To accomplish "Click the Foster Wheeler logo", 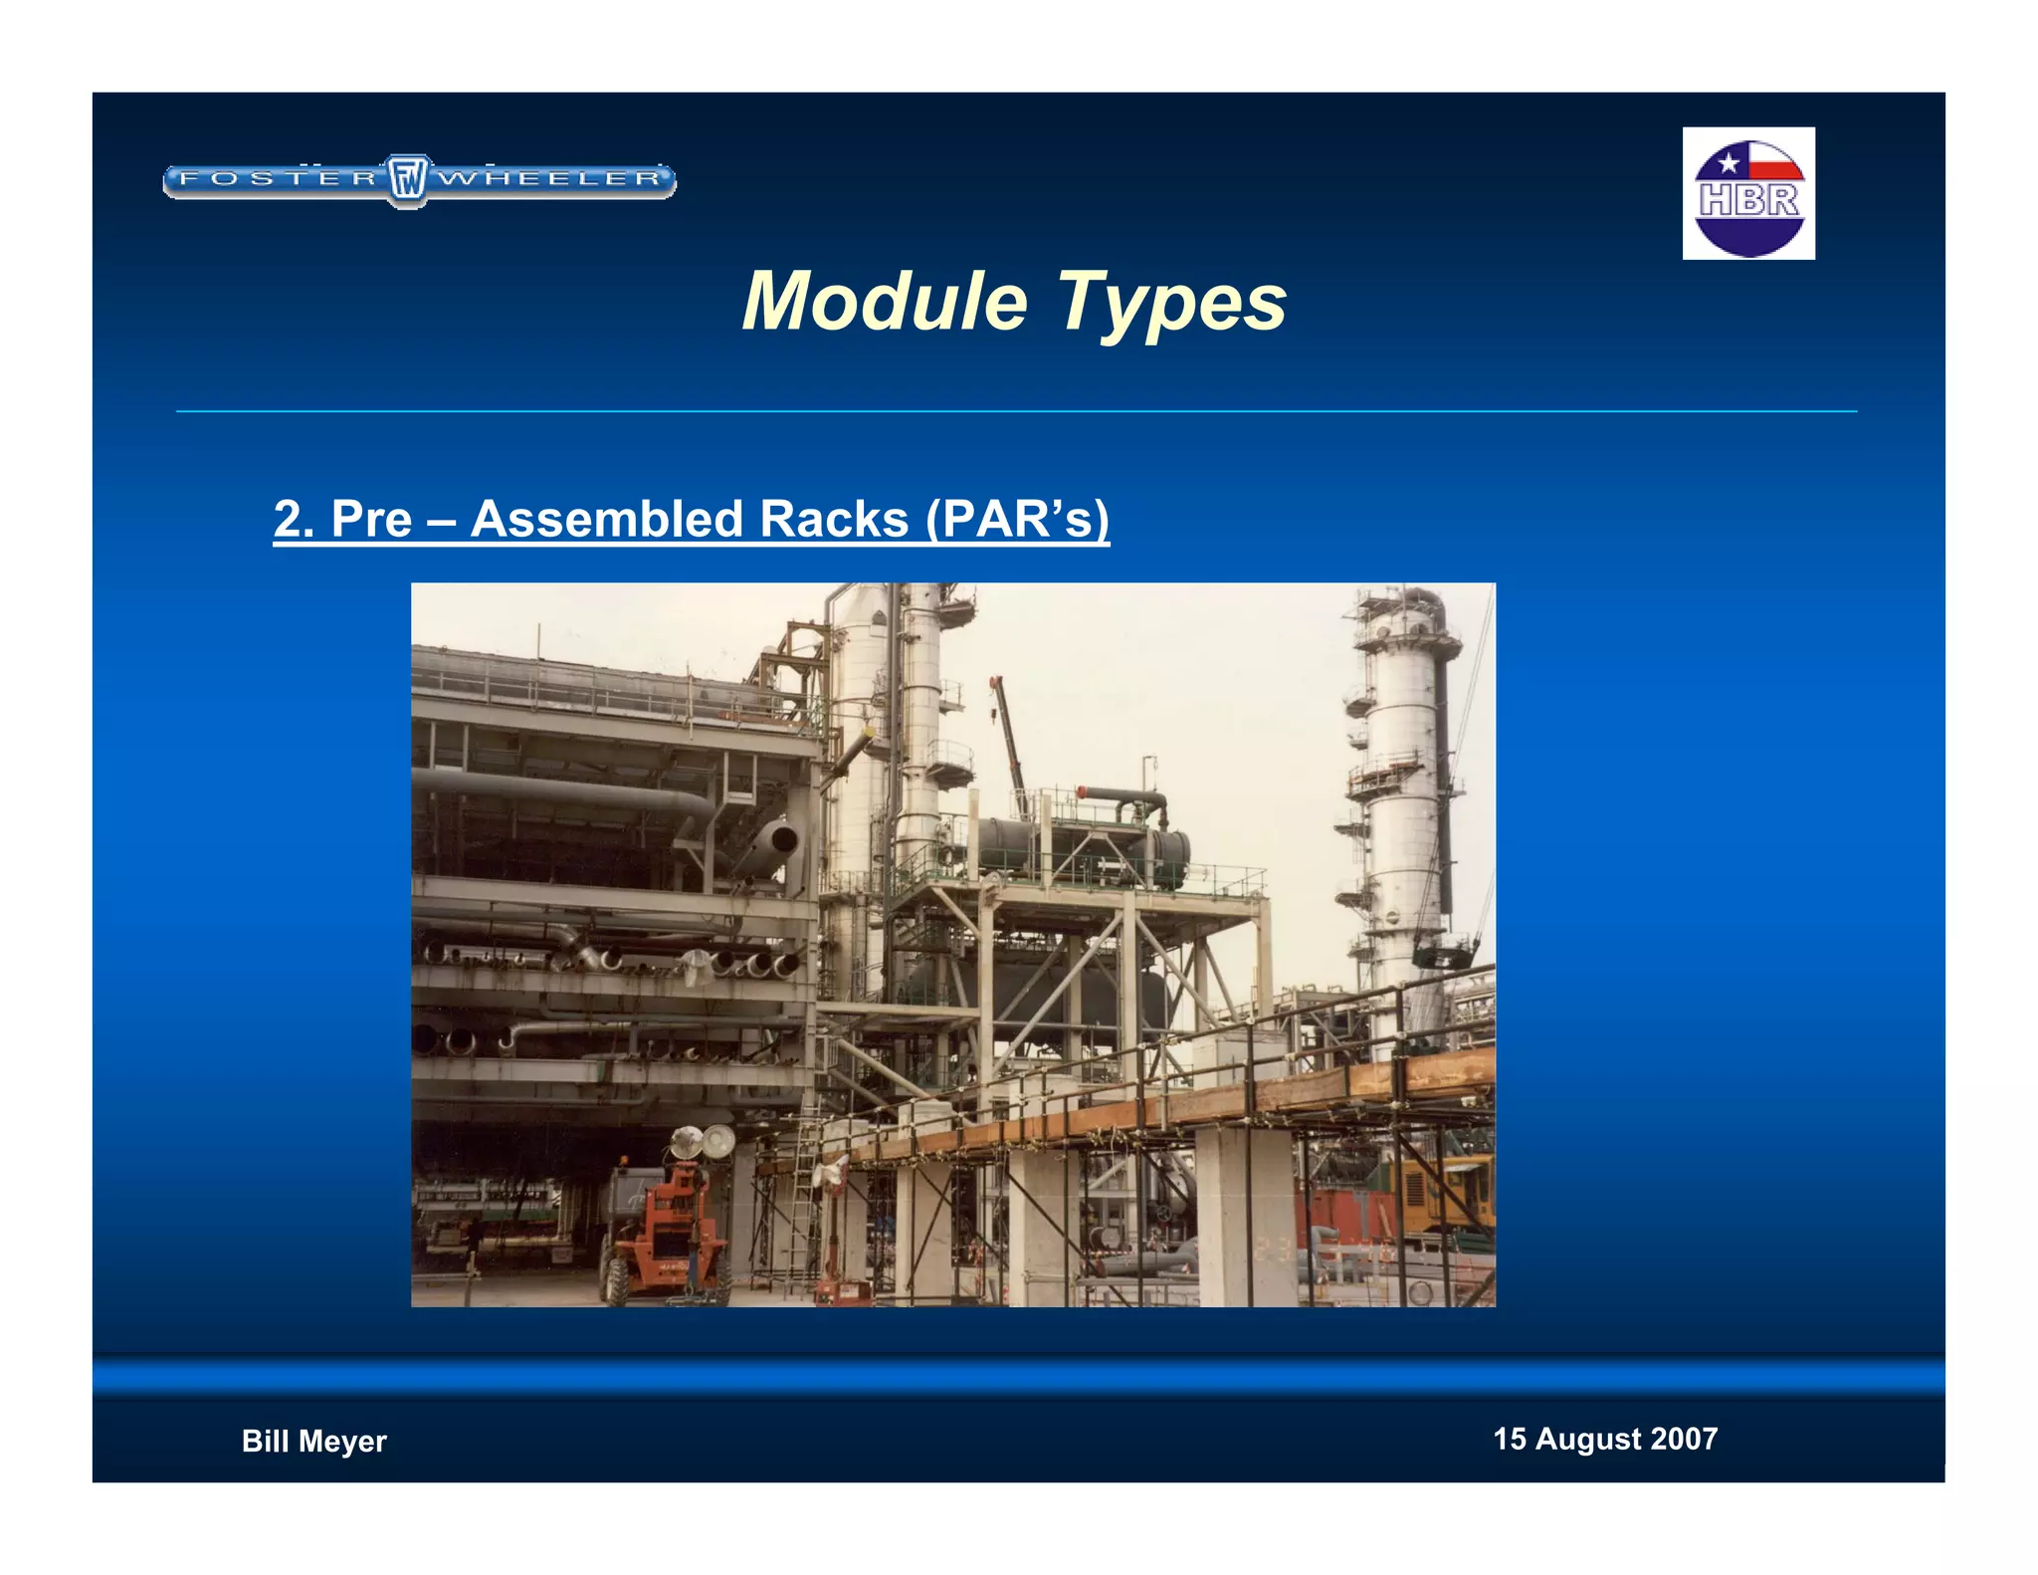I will (419, 180).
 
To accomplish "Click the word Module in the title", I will (885, 302).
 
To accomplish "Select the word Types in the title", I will (1170, 304).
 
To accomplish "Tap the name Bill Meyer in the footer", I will (313, 1441).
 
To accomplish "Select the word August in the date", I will (1587, 1439).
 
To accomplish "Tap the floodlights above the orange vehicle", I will (701, 1141).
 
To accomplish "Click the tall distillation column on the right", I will (1401, 796).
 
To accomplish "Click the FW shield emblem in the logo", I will (407, 180).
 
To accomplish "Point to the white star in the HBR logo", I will (1729, 162).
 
